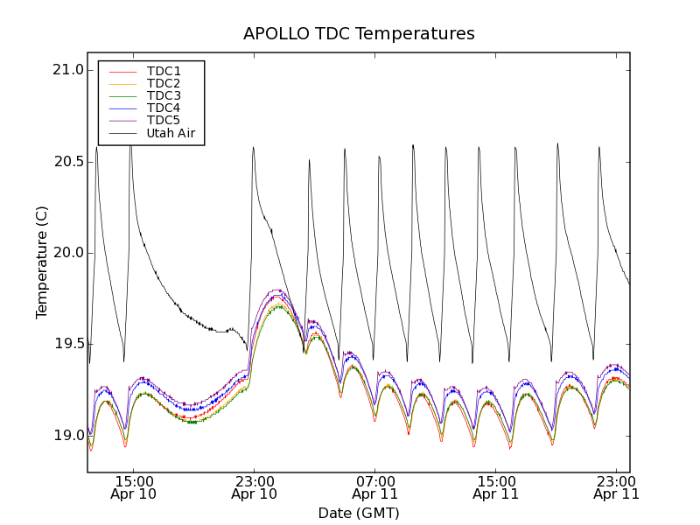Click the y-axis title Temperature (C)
click(x=42, y=262)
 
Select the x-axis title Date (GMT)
click(x=358, y=513)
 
